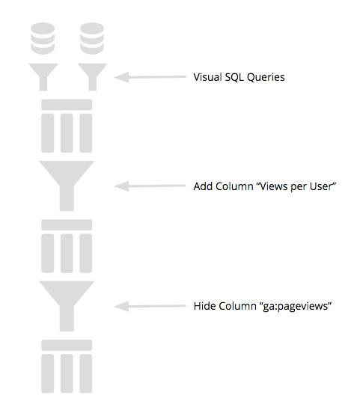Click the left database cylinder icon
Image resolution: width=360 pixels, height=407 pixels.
pyautogui.click(x=43, y=38)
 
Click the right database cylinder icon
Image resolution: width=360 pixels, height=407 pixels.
pyautogui.click(x=92, y=38)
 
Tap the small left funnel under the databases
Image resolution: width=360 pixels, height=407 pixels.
pyautogui.click(x=43, y=77)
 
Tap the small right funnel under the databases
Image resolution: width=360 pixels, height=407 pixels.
pyautogui.click(x=93, y=77)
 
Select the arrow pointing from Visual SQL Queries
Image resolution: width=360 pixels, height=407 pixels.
pyautogui.click(x=150, y=77)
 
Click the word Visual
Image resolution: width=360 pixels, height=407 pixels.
pyautogui.click(x=207, y=77)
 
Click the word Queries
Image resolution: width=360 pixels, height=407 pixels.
pyautogui.click(x=266, y=78)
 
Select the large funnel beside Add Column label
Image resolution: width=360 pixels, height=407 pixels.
pyautogui.click(x=67, y=186)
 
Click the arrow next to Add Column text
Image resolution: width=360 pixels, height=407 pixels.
pyautogui.click(x=150, y=186)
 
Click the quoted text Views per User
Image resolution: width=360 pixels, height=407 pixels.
pyautogui.click(x=296, y=186)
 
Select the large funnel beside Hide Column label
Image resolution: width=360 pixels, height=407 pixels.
pyautogui.click(x=67, y=306)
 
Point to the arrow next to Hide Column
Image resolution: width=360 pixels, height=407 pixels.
pyautogui.click(x=150, y=306)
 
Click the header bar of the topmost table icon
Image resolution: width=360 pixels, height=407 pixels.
pyautogui.click(x=67, y=105)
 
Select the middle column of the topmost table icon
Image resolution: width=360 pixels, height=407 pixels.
pyautogui.click(x=67, y=133)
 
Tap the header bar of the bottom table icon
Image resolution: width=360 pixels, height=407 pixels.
pyautogui.click(x=67, y=345)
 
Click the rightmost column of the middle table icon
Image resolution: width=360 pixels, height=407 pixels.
pyautogui.click(x=86, y=254)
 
